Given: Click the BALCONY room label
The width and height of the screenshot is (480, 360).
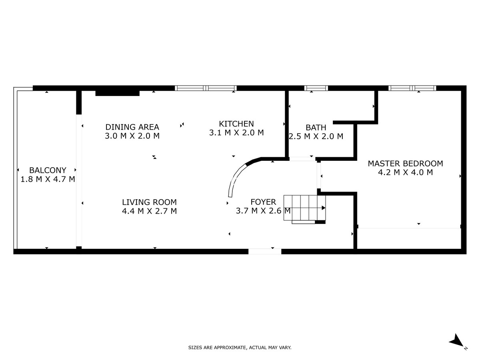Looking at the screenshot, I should (48, 170).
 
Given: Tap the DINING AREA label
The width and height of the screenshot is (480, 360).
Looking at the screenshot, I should (132, 127).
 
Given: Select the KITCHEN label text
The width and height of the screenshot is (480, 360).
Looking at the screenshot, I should (236, 124).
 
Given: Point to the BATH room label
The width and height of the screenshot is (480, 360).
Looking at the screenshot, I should (316, 127).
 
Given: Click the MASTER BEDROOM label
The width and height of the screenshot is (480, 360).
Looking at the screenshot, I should (405, 163).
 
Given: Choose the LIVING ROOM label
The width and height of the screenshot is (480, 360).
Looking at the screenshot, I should (149, 202).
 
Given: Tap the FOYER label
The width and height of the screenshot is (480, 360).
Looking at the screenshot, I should (263, 202).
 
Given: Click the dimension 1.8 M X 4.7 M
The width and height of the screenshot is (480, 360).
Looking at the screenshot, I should (48, 179).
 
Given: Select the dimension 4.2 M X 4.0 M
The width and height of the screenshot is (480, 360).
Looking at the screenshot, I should (405, 172).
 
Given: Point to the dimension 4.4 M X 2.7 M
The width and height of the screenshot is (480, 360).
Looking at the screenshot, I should (149, 211).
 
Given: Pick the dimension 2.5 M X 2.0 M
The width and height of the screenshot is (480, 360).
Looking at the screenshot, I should (316, 136).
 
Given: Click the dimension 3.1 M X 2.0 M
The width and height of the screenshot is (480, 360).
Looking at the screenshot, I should (236, 133).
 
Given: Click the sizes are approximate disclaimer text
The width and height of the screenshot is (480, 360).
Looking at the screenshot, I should (240, 348).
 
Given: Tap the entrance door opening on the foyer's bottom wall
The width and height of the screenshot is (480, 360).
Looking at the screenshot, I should (264, 251).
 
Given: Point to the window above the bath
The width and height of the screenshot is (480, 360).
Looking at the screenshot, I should (316, 88).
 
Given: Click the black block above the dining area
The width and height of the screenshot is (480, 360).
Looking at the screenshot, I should (117, 93).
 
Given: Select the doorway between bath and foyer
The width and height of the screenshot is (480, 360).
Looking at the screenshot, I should (302, 159).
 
